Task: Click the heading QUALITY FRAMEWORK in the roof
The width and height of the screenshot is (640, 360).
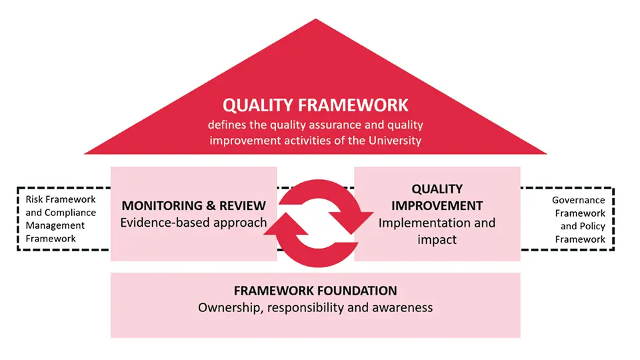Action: pyautogui.click(x=315, y=105)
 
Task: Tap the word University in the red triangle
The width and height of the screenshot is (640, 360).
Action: pyautogui.click(x=398, y=140)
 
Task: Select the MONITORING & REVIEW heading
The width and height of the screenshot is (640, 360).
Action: pyautogui.click(x=193, y=205)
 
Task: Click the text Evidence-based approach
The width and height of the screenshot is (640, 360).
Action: pyautogui.click(x=193, y=223)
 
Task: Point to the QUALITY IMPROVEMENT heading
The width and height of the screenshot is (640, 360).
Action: pyautogui.click(x=437, y=197)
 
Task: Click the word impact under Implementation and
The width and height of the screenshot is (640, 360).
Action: pyautogui.click(x=437, y=239)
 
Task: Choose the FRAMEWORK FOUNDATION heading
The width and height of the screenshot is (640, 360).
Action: pyautogui.click(x=315, y=291)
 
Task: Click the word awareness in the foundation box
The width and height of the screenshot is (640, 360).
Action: pyautogui.click(x=402, y=308)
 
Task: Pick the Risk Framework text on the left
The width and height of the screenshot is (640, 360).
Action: pyautogui.click(x=61, y=199)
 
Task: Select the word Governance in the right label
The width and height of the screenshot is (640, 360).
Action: pyautogui.click(x=579, y=200)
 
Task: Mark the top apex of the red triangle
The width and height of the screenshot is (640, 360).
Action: pyautogui.click(x=315, y=20)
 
